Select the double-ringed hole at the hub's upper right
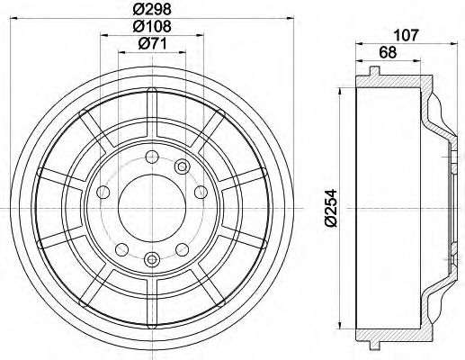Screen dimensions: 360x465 tap(181, 166)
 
